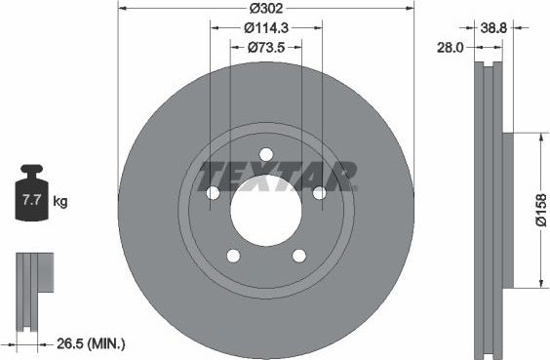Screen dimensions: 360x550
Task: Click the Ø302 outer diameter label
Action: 265,9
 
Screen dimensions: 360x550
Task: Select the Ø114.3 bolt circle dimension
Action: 265,28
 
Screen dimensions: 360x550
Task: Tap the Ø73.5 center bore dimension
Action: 265,47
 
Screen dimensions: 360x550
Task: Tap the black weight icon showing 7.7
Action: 30,200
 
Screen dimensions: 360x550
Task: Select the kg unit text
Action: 60,202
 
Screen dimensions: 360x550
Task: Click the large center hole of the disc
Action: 265,205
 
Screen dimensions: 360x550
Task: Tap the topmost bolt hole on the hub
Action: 265,153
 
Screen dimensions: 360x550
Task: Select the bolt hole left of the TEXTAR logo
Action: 213,192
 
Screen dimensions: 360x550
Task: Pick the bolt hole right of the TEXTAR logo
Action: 319,192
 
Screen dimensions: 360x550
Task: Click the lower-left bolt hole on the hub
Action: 233,256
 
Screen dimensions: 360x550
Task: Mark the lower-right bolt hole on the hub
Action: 298,256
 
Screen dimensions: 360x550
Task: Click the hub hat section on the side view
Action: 507,210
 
